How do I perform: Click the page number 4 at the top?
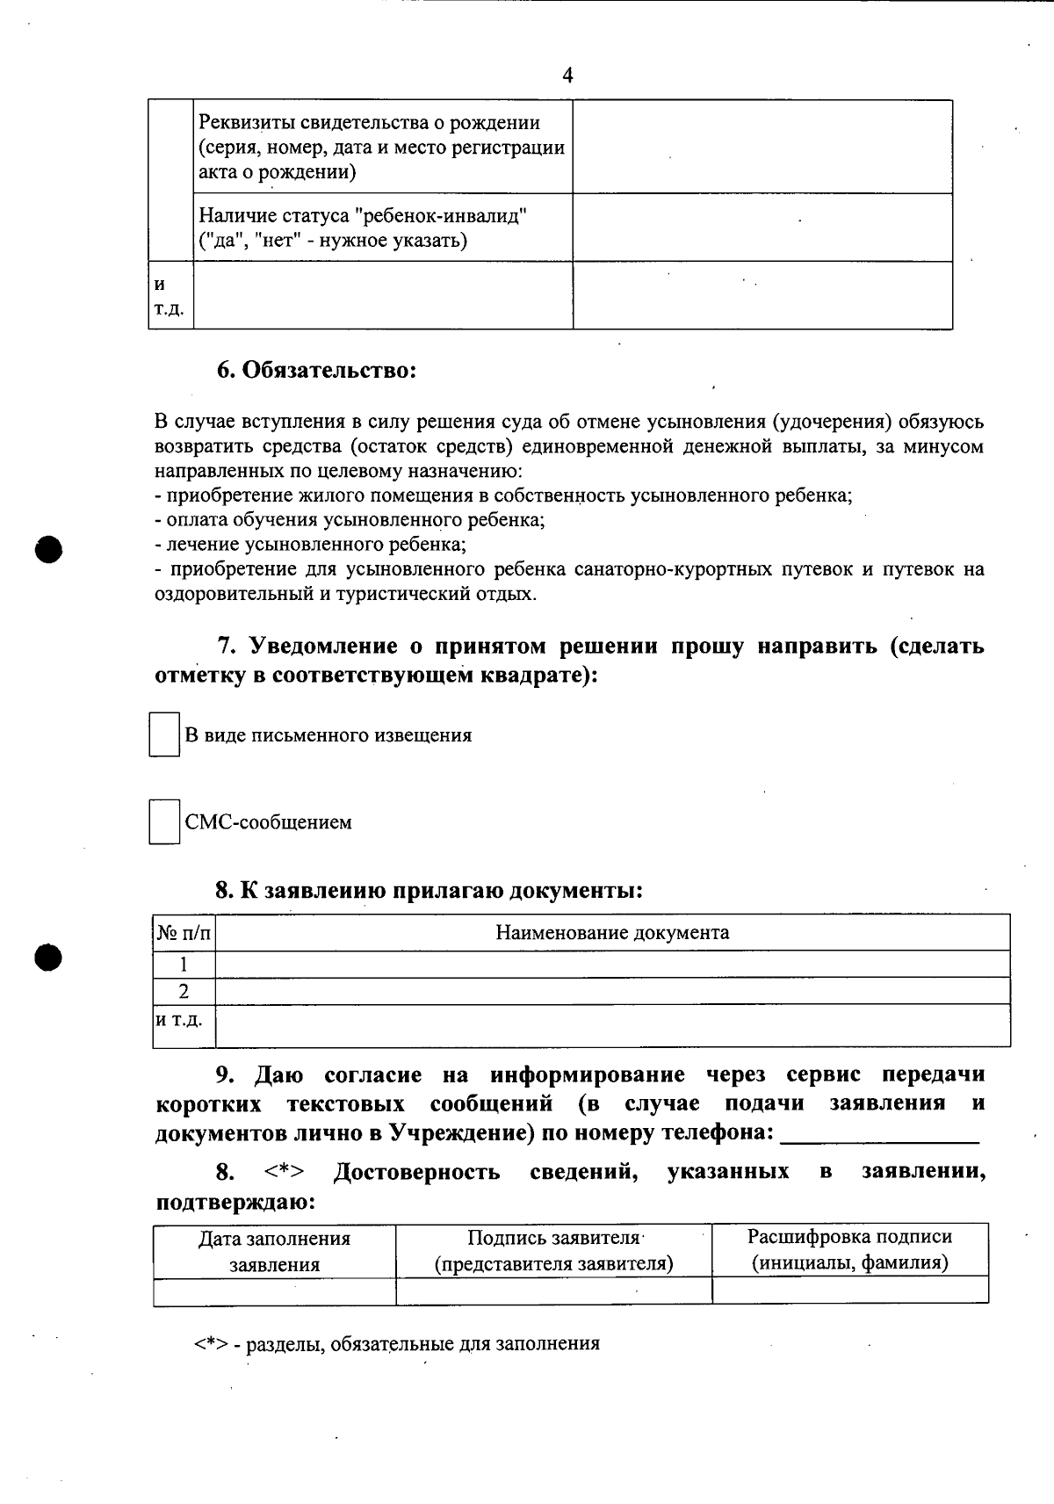(x=567, y=76)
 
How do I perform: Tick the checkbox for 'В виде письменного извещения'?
(x=163, y=735)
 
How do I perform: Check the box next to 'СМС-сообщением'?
(x=163, y=822)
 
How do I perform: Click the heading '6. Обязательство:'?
(x=316, y=370)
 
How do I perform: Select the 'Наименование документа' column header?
(x=612, y=933)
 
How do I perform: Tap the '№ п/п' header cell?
(x=184, y=933)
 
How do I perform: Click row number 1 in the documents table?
(x=184, y=964)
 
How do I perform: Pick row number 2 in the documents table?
(x=184, y=991)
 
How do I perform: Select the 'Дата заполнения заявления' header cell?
(x=274, y=1251)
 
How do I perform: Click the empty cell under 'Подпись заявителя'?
(x=553, y=1291)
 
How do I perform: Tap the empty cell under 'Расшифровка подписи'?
(x=849, y=1291)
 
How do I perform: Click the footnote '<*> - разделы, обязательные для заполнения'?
(x=397, y=1343)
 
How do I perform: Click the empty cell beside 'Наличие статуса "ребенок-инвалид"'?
(x=762, y=228)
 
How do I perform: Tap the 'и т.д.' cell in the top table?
(x=170, y=296)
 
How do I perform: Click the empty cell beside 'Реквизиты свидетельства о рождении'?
(x=762, y=147)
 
